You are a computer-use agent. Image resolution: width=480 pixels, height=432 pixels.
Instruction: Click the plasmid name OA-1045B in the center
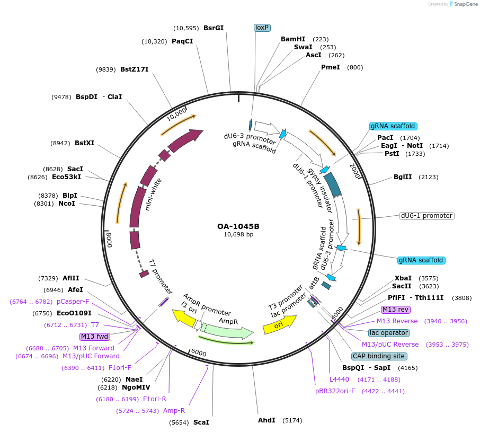238,226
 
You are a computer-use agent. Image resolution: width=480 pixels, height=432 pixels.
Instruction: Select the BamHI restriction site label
293,39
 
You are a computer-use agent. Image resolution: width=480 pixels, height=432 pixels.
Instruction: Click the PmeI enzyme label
331,67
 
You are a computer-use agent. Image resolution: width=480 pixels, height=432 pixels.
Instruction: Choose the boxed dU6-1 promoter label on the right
426,216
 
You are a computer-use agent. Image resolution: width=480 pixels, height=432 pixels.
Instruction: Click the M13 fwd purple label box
94,337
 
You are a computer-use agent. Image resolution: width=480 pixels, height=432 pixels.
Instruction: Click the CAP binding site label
379,356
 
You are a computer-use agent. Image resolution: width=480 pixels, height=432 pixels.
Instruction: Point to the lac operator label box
389,333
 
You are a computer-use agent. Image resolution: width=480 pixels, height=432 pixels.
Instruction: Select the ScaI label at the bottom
201,422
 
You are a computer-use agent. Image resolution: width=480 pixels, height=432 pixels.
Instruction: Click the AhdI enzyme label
266,420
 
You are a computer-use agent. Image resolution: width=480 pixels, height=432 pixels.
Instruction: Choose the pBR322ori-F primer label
335,391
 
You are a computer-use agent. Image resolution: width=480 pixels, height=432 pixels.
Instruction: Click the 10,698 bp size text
238,234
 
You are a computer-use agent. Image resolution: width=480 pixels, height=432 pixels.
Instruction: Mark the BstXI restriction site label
84,143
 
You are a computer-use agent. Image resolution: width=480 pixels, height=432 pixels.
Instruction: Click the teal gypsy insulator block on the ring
333,183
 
